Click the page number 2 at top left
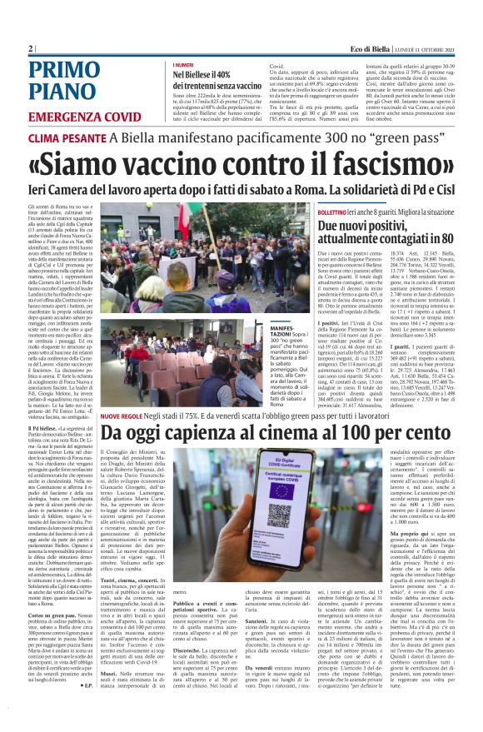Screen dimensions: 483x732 (31, 49)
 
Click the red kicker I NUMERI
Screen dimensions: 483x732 (182, 64)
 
